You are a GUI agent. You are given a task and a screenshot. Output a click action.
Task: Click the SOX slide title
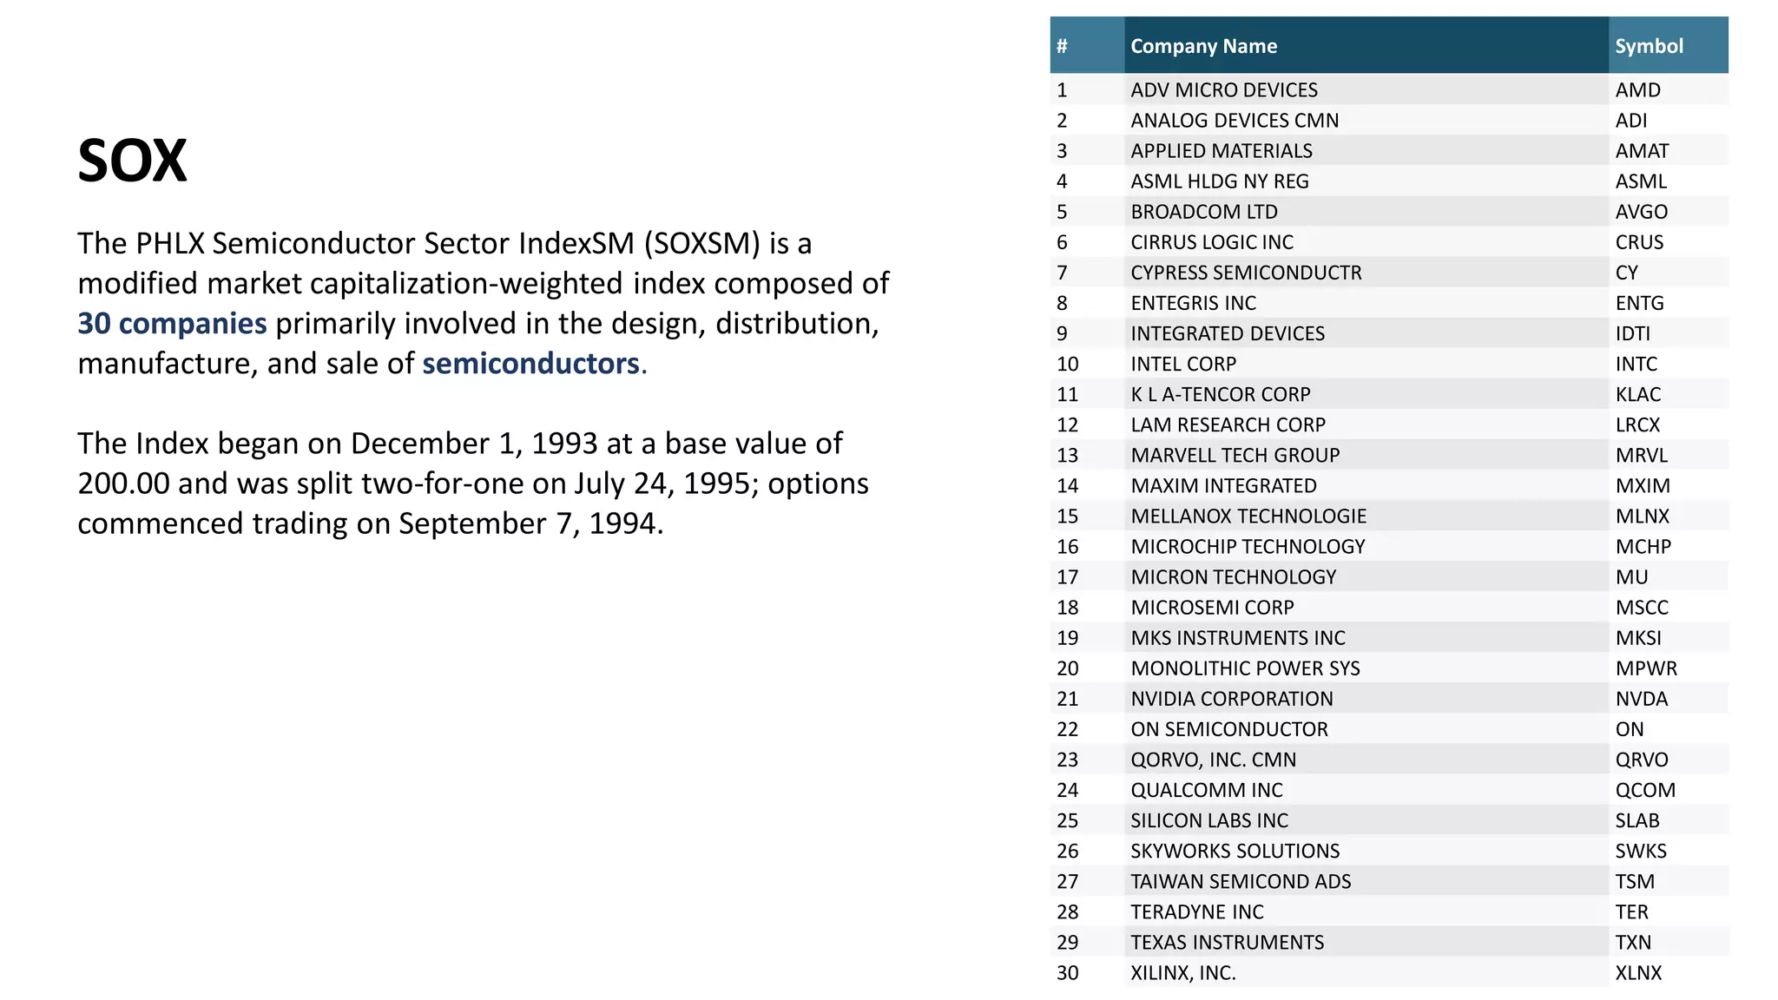click(132, 161)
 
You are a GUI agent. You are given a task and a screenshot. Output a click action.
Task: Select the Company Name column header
click(1203, 46)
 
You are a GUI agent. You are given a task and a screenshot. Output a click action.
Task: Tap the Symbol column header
click(1649, 46)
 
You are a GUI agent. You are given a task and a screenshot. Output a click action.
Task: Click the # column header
click(1062, 46)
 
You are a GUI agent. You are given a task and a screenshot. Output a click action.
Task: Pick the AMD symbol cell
click(1637, 90)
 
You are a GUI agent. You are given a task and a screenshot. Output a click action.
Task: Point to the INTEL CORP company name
click(1183, 364)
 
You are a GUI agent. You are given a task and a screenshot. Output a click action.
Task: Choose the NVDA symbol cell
click(1641, 699)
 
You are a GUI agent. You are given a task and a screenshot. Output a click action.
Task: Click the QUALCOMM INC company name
click(1206, 790)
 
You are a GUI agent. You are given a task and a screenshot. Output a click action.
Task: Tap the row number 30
click(1067, 973)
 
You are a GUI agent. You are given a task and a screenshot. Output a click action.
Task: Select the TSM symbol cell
click(1635, 881)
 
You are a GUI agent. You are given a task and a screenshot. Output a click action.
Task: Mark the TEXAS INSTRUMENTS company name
click(1227, 942)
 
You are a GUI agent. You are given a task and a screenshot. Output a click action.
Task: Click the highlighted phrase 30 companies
click(172, 324)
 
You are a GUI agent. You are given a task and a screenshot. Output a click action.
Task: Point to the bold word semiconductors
click(530, 364)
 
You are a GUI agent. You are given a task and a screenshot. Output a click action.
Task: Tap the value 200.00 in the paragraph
click(123, 484)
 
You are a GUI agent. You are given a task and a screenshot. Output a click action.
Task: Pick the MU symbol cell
click(1631, 577)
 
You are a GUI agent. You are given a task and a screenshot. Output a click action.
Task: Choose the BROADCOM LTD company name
click(1203, 212)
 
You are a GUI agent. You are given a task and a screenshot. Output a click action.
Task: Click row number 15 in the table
click(1067, 516)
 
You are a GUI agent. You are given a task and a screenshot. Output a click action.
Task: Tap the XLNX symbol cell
click(1638, 973)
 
